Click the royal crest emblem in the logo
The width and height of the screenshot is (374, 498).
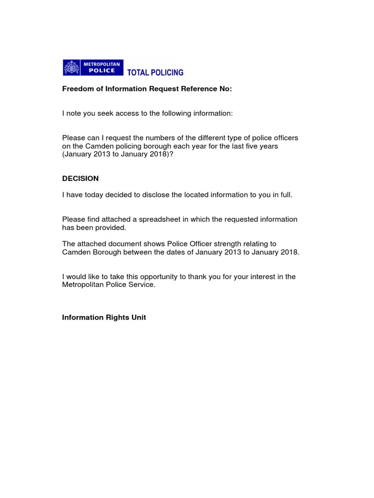coord(72,68)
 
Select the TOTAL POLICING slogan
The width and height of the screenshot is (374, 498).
coord(155,73)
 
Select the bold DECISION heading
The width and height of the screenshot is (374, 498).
coord(80,178)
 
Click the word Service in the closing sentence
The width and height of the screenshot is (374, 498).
coord(142,285)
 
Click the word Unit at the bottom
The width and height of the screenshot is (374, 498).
coord(138,318)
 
